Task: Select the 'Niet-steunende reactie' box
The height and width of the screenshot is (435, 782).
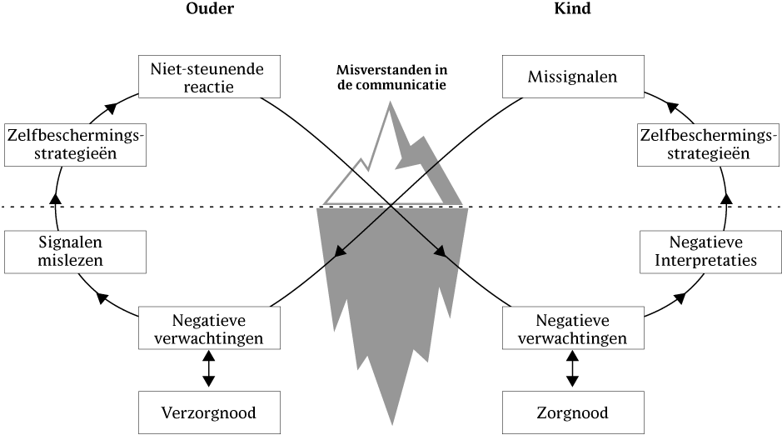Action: (208, 76)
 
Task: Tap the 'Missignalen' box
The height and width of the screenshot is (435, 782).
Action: (573, 76)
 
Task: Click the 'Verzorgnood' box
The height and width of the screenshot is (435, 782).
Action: (208, 412)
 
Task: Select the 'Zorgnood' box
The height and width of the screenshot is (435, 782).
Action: (573, 412)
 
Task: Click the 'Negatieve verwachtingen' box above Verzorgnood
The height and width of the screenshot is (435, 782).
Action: (208, 328)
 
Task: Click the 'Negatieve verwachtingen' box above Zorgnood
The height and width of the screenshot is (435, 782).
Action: (573, 328)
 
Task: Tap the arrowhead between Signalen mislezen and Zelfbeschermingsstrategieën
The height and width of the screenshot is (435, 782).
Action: (56, 198)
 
